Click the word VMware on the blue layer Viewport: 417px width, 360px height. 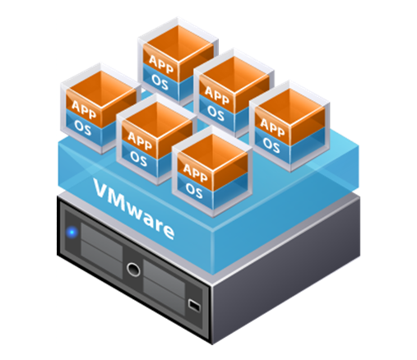134,209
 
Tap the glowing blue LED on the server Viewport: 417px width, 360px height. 72,233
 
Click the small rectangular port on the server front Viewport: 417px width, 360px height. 194,305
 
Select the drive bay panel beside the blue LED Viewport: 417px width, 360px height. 101,250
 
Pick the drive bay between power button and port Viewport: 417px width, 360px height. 164,287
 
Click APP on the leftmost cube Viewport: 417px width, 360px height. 84,109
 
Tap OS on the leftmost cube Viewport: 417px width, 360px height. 82,128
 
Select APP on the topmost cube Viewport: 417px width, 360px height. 161,64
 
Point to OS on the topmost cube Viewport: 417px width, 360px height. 160,82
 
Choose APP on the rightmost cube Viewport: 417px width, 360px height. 272,127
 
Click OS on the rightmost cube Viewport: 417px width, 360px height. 271,145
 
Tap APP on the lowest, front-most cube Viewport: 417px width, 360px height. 195,173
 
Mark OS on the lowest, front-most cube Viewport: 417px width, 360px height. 194,191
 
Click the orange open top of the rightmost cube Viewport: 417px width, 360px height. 290,104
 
